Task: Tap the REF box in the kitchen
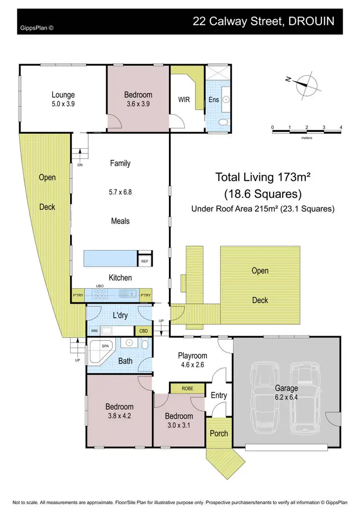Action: tap(144, 261)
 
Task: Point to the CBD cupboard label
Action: tap(144, 331)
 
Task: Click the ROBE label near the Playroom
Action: tap(187, 389)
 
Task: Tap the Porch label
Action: tap(218, 433)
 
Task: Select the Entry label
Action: tap(218, 395)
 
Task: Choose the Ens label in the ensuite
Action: tap(214, 100)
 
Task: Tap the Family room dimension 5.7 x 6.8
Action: tap(120, 192)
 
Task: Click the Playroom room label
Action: tap(192, 355)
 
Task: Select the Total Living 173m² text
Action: tap(263, 177)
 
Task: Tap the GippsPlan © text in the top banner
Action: tap(36, 28)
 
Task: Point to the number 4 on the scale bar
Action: tap(340, 127)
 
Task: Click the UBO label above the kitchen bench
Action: tap(100, 286)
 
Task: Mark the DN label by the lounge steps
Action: tap(80, 165)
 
